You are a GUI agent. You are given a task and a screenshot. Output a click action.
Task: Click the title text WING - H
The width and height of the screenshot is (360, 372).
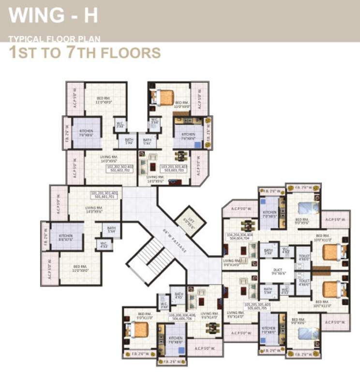coord(53,15)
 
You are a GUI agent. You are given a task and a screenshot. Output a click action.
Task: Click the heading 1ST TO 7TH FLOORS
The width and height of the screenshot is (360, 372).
coord(85,52)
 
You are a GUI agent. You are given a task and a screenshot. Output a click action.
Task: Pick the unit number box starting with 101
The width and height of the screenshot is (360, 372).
coord(105,195)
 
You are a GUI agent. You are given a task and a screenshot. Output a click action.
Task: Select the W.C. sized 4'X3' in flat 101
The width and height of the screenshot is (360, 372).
coord(104,245)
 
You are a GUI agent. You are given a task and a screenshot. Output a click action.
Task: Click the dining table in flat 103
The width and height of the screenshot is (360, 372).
coord(181,156)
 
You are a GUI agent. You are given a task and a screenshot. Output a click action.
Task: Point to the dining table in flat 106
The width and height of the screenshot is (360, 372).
coord(211,328)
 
